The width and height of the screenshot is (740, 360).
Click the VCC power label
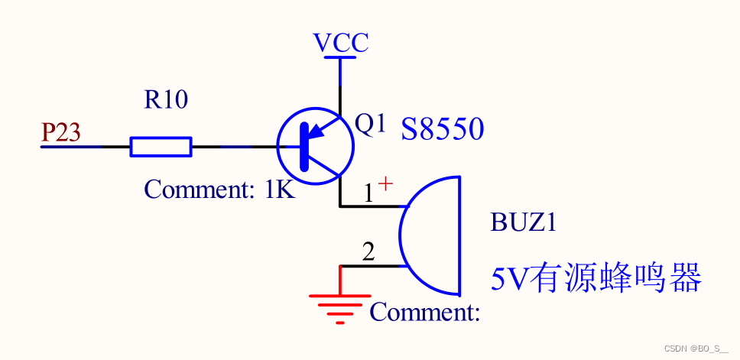tap(341, 42)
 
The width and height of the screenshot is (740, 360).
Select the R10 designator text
tap(166, 99)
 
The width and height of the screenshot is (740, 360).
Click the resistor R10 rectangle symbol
tap(161, 147)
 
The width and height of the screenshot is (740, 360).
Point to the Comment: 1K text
tap(219, 189)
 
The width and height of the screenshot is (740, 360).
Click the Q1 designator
tap(371, 124)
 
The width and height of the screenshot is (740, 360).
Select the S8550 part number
tap(443, 129)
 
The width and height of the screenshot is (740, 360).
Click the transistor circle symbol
tap(315, 146)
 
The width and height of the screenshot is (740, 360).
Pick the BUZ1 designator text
tap(523, 223)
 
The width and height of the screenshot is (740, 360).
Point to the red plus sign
tap(386, 183)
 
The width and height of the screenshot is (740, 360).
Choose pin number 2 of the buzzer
tap(368, 252)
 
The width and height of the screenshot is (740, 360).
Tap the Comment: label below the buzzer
tap(424, 312)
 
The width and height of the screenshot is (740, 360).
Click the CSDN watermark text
tap(696, 349)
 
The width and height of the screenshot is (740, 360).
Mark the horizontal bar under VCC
tap(340, 56)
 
